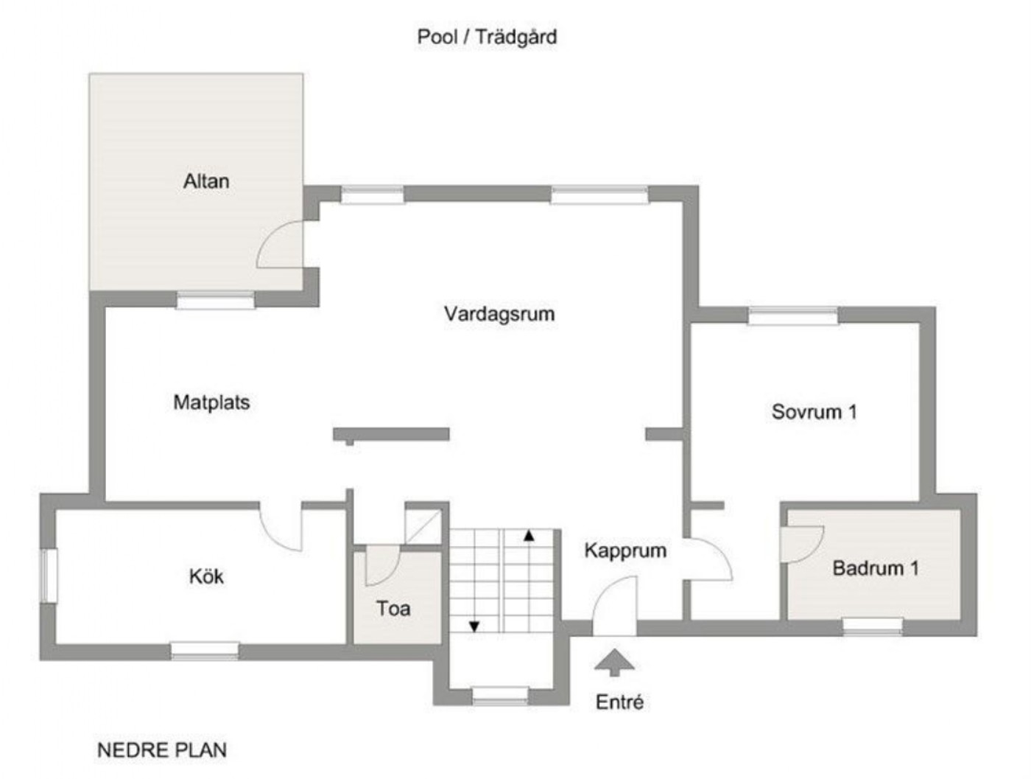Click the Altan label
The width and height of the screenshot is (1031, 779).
coord(205,181)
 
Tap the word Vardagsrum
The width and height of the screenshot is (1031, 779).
coord(499,313)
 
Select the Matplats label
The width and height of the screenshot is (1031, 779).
coord(211,402)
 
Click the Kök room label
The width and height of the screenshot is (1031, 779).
coord(206,576)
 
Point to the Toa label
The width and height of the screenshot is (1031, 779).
coord(393,609)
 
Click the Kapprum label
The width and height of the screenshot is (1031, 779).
coord(625,551)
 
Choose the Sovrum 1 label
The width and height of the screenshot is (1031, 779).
coord(814,411)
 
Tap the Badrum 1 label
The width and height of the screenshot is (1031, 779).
coord(875,568)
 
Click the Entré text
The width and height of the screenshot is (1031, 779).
coord(619,702)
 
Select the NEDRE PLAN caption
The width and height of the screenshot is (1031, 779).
coord(161,750)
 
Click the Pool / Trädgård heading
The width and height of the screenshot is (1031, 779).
coord(487,37)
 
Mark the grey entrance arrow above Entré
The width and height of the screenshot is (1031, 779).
coord(614,663)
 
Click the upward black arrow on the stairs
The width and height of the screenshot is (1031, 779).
coord(529,535)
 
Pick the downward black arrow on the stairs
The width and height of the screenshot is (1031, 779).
coord(474,626)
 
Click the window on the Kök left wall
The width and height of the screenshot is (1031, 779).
coord(49,575)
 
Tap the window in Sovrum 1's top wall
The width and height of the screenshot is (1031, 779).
coord(792,315)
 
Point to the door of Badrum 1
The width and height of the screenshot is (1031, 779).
coord(800,544)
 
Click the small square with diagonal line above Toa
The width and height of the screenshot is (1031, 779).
coord(423,526)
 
